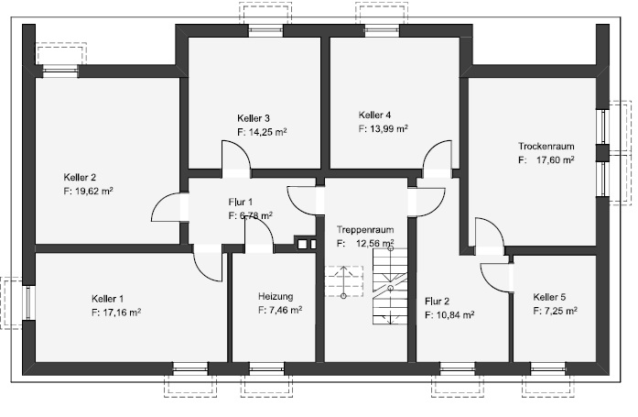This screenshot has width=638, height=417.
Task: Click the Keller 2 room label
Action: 81,177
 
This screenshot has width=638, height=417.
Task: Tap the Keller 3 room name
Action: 253,118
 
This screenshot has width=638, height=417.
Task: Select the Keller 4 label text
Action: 375,115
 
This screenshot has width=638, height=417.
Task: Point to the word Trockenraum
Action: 546,146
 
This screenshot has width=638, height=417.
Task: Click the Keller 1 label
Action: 108,299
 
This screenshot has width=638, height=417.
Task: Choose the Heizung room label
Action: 276,296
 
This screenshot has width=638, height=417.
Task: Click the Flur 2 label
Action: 438,301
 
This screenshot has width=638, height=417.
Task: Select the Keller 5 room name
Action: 549,297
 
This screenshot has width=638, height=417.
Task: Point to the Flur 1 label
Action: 241,201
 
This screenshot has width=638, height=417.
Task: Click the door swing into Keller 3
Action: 234,158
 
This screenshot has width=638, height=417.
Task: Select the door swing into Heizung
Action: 259,236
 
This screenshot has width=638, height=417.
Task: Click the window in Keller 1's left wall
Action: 28,302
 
